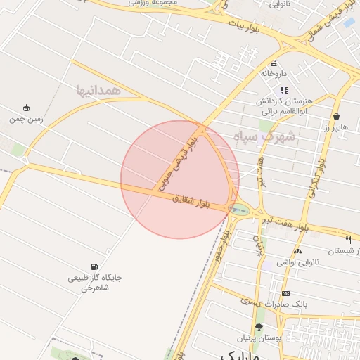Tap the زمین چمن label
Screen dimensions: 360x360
coord(26,120)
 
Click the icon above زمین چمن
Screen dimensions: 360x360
coord(27,108)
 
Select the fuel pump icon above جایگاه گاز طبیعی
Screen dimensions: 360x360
coord(94,266)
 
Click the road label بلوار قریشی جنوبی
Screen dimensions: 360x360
coord(179,165)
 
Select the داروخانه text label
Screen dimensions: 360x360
coord(274,72)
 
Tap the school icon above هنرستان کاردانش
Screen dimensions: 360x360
coord(284,90)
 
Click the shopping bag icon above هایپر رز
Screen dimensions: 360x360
coord(337,117)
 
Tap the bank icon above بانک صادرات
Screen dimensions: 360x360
coord(285,292)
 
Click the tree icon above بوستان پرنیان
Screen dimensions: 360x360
coord(259,327)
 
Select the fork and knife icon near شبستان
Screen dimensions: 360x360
coord(349,240)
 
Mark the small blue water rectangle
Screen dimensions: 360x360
coord(349,22)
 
